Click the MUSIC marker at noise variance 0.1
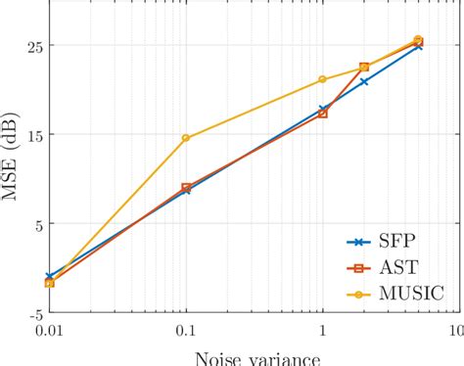[186, 138]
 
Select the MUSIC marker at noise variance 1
[322, 79]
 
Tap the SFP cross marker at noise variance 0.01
[50, 277]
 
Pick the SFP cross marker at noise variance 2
[363, 81]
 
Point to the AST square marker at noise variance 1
[322, 114]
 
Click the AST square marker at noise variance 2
[364, 68]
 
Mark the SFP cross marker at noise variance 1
[322, 109]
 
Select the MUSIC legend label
[411, 292]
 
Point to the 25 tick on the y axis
[27, 45]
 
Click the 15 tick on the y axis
[27, 135]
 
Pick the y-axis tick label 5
[32, 224]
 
